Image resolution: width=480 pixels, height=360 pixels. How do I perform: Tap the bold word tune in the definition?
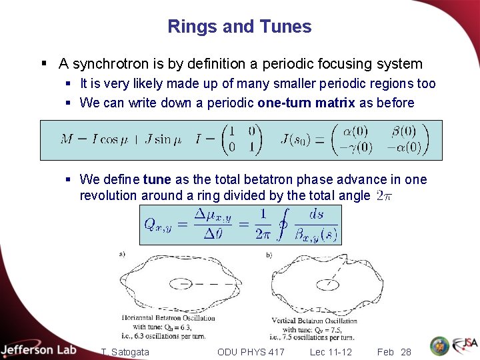click(x=157, y=179)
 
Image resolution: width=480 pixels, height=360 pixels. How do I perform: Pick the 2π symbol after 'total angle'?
click(x=383, y=195)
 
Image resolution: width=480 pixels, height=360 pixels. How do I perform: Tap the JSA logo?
click(x=465, y=345)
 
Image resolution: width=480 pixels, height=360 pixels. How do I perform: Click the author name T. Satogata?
click(x=125, y=351)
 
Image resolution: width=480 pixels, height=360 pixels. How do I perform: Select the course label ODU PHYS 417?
click(x=251, y=351)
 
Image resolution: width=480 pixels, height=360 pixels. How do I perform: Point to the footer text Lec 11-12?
click(x=331, y=351)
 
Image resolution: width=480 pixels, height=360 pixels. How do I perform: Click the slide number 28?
click(x=405, y=351)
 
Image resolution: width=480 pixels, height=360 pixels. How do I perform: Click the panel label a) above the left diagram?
click(x=121, y=253)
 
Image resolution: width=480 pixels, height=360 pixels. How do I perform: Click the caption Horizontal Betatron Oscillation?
click(x=168, y=317)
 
